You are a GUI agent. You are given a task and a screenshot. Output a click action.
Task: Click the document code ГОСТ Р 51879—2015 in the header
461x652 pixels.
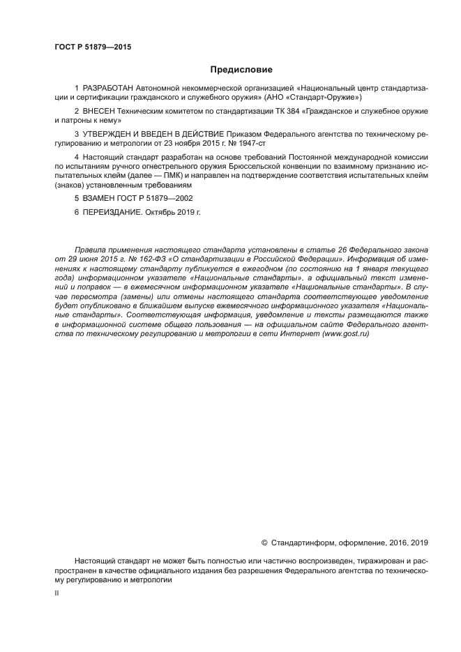[93, 47]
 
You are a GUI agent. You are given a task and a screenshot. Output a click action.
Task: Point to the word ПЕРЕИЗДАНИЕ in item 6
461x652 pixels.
[112, 211]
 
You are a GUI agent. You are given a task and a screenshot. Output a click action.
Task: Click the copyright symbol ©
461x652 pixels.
[264, 542]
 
